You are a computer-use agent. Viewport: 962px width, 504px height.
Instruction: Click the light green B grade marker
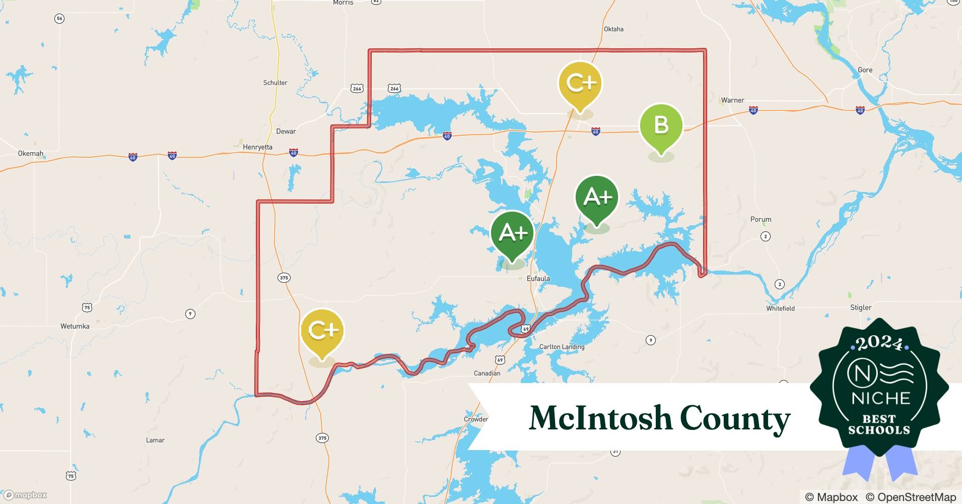coord(661,125)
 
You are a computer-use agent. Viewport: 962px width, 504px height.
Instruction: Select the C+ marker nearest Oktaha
coord(580,83)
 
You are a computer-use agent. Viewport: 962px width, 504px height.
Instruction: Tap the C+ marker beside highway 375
coord(322,331)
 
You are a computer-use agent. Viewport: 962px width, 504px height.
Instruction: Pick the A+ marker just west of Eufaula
coord(512,233)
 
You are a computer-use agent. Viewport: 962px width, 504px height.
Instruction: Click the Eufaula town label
coord(538,278)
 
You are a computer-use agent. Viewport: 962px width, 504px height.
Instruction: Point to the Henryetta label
coord(257,147)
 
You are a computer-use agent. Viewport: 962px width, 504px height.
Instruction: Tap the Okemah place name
coord(31,153)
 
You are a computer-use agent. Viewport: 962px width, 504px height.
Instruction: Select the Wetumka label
coord(75,326)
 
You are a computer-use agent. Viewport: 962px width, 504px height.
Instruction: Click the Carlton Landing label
coord(562,347)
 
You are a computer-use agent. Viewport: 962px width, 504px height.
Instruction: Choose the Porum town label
coord(761,219)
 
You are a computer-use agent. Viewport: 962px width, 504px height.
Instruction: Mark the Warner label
coord(732,100)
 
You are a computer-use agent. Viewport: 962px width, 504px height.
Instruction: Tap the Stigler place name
coord(861,307)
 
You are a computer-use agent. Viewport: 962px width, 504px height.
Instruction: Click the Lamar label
coord(155,440)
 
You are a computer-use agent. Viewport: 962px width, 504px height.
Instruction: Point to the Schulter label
coord(275,83)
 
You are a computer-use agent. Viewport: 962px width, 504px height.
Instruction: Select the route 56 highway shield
coord(59,19)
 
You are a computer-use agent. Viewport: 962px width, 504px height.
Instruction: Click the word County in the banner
coord(735,418)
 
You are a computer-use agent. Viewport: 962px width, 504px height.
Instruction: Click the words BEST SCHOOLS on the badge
coord(879,424)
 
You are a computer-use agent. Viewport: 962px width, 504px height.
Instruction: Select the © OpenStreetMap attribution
coord(911,497)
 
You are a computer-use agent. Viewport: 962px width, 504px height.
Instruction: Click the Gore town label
coord(865,70)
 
